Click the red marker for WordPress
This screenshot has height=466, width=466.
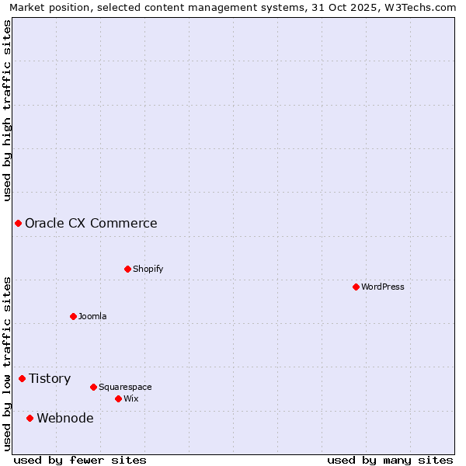(356, 287)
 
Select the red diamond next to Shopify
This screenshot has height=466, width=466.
(127, 269)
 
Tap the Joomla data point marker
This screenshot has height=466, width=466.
(73, 316)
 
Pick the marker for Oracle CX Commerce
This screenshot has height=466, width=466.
(18, 224)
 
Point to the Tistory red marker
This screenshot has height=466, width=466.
(22, 378)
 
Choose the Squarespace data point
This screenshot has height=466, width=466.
(93, 387)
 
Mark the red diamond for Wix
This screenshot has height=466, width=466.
(118, 398)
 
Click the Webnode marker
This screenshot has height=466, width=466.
(30, 418)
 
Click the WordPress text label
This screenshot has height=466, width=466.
(383, 287)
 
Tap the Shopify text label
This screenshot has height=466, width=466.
(148, 269)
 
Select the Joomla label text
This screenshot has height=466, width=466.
(92, 316)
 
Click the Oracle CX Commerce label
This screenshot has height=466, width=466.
(91, 224)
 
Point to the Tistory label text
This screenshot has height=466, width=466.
(50, 378)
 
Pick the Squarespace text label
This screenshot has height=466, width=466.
(125, 387)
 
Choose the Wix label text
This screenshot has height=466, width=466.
(130, 398)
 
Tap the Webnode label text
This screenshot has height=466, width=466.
(65, 418)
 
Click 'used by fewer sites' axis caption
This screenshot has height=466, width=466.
(80, 460)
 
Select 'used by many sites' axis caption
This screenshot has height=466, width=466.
(390, 460)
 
